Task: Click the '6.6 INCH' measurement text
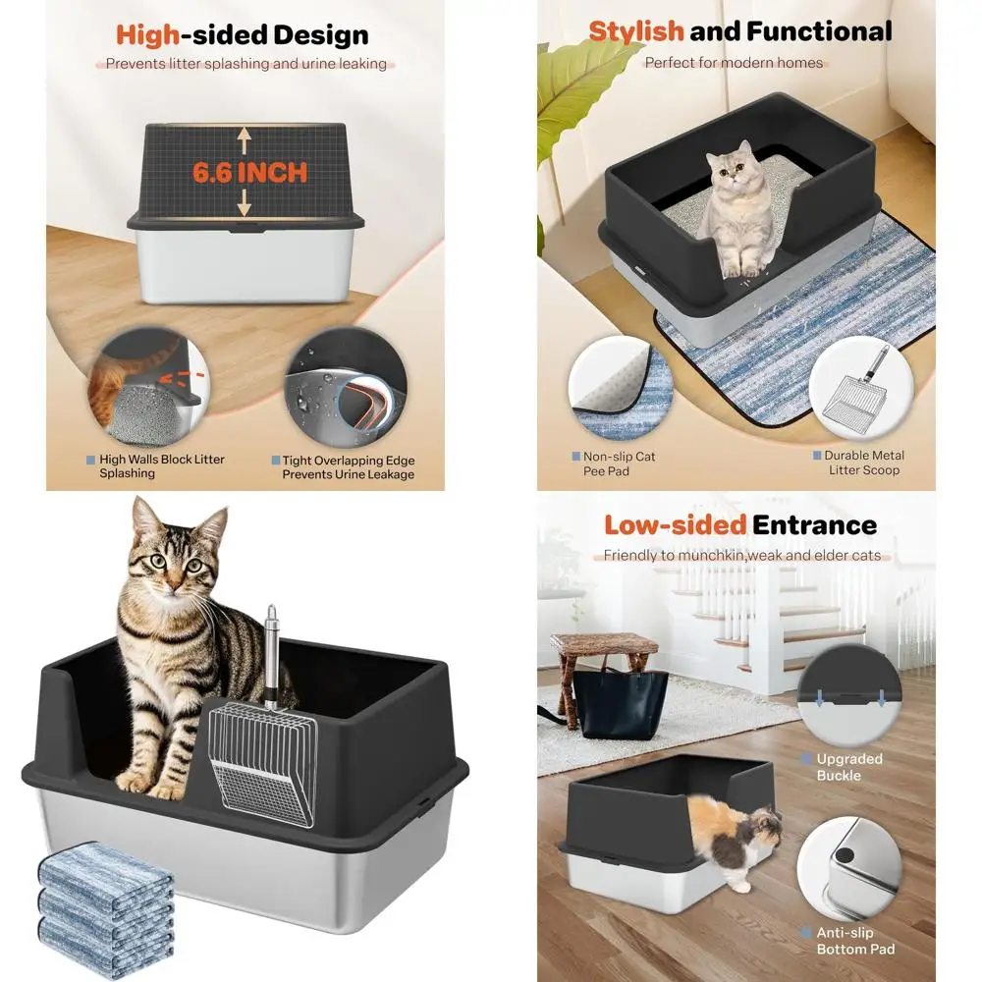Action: (x=249, y=173)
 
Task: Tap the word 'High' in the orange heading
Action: (x=147, y=35)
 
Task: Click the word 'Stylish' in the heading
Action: (x=635, y=30)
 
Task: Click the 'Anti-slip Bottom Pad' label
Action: (x=855, y=941)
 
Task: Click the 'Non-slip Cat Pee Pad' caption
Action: (x=619, y=464)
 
